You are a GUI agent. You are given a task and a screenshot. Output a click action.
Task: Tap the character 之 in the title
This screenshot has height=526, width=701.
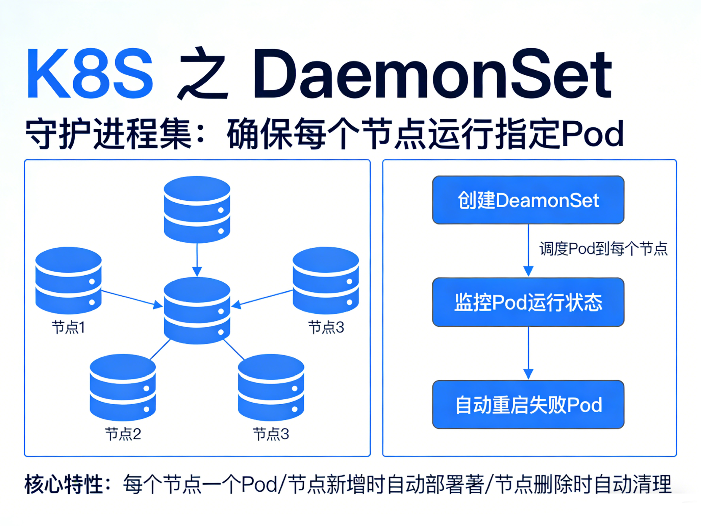tap(203, 74)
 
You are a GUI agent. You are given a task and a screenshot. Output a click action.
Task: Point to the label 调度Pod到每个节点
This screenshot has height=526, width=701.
tap(603, 249)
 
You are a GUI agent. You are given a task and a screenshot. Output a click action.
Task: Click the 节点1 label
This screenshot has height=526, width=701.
tap(68, 327)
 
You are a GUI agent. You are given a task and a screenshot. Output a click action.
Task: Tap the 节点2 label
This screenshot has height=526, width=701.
tap(123, 434)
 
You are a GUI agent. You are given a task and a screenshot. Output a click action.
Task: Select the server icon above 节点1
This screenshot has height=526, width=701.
tap(68, 280)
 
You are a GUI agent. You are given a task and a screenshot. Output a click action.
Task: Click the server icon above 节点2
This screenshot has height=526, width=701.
tap(123, 387)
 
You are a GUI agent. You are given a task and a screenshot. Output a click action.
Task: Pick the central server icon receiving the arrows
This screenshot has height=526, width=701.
tap(197, 311)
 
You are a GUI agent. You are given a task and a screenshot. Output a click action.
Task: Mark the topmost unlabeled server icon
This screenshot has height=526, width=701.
tap(197, 209)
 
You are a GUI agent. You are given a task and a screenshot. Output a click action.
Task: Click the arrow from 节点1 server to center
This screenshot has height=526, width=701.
tap(132, 298)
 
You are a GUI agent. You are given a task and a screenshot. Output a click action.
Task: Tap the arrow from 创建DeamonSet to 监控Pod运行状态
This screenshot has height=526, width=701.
tap(528, 250)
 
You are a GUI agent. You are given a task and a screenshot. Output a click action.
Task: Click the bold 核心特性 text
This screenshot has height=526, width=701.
tap(63, 484)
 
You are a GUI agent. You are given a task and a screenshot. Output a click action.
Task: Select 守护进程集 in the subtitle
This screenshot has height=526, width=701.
tap(108, 133)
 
